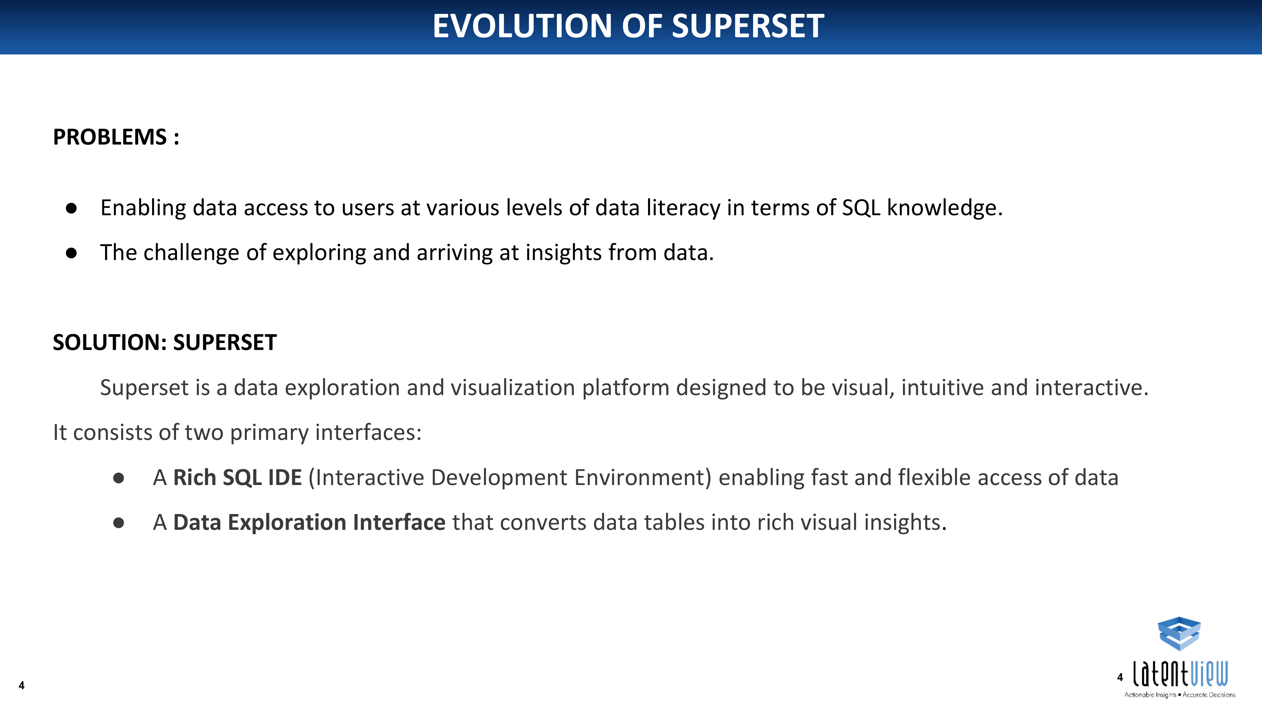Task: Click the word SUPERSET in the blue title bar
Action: click(748, 26)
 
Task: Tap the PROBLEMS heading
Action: click(110, 137)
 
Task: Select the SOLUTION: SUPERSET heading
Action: click(165, 342)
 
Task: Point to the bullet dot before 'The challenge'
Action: click(72, 253)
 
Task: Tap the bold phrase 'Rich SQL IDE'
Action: click(238, 478)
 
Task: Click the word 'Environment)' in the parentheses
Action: click(643, 478)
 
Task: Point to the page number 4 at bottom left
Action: click(21, 685)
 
